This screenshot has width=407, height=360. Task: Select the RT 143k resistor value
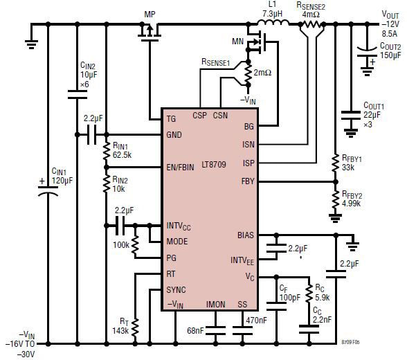[x=121, y=325]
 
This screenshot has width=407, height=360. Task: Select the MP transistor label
[x=150, y=13]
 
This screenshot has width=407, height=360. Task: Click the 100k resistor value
[x=120, y=245]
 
